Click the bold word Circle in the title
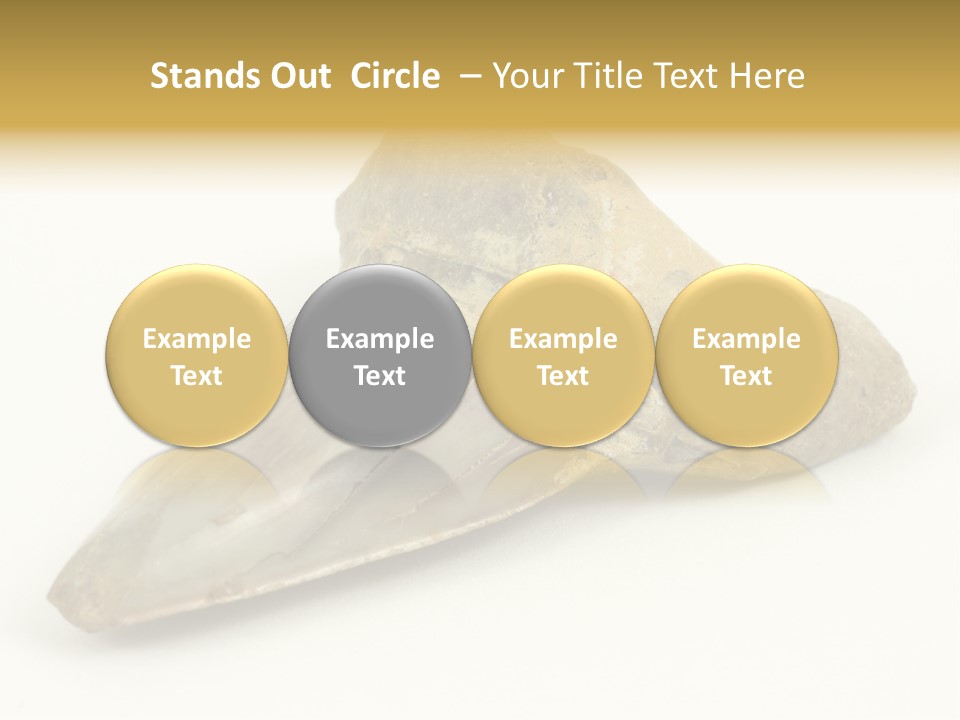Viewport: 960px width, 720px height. pos(395,76)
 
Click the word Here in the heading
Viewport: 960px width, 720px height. pos(766,76)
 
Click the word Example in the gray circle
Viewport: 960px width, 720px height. pos(380,339)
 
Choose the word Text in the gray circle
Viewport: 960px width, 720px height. pos(380,376)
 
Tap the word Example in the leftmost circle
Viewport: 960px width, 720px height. pos(197,339)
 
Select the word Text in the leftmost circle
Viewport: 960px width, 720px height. pos(197,376)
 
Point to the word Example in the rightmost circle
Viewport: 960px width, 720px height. pos(746,339)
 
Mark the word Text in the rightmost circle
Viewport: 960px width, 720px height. pos(746,376)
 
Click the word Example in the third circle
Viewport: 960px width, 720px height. pos(563,339)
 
